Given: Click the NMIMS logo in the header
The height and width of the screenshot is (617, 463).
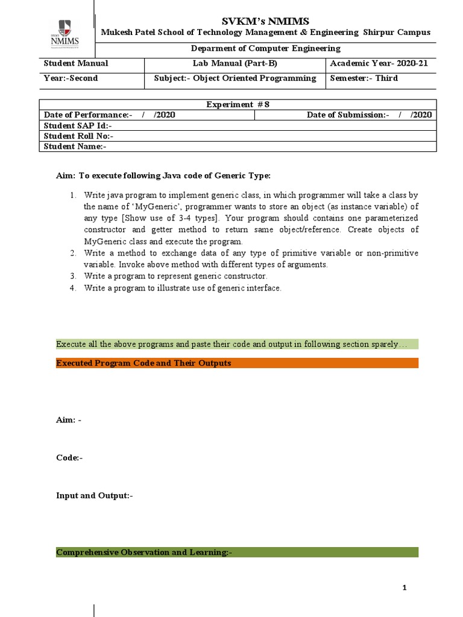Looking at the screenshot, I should click(65, 34).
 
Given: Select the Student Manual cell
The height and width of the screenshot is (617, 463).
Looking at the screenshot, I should click(77, 63).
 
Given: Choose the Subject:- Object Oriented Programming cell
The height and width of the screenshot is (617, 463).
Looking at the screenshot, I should click(235, 78).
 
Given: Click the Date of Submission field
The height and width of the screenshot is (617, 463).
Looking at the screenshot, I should click(369, 114).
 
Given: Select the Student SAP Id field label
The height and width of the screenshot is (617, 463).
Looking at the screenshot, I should click(78, 125).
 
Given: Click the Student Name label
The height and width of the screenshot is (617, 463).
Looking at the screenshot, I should click(75, 146).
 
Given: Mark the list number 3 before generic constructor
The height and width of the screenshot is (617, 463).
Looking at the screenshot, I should click(72, 276).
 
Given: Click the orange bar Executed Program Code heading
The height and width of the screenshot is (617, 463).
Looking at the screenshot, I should click(237, 363).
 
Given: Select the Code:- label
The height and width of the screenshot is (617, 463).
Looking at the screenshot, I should click(69, 457).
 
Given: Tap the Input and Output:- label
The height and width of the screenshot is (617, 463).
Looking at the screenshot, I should click(94, 495).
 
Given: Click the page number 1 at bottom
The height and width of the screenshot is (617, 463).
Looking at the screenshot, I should click(406, 588).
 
